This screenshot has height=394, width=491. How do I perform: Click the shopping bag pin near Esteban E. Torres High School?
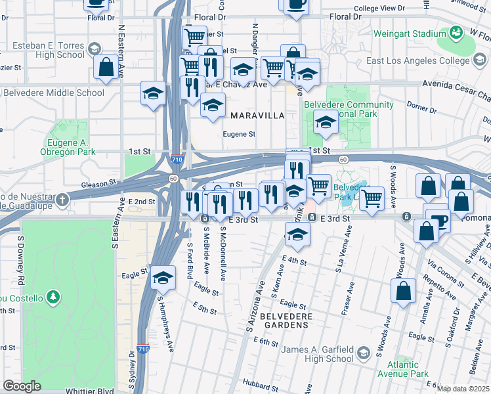(x=106, y=67)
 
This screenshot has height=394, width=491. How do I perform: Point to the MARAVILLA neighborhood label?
(x=257, y=116)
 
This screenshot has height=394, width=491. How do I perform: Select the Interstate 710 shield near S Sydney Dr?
(x=143, y=350)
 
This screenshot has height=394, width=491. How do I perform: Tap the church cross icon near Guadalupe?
(x=62, y=200)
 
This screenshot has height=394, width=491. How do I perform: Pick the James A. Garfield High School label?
(x=317, y=354)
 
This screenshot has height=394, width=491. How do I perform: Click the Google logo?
(x=22, y=386)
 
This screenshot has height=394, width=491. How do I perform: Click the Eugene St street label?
(x=239, y=135)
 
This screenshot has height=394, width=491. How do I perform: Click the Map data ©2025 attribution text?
(x=463, y=389)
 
